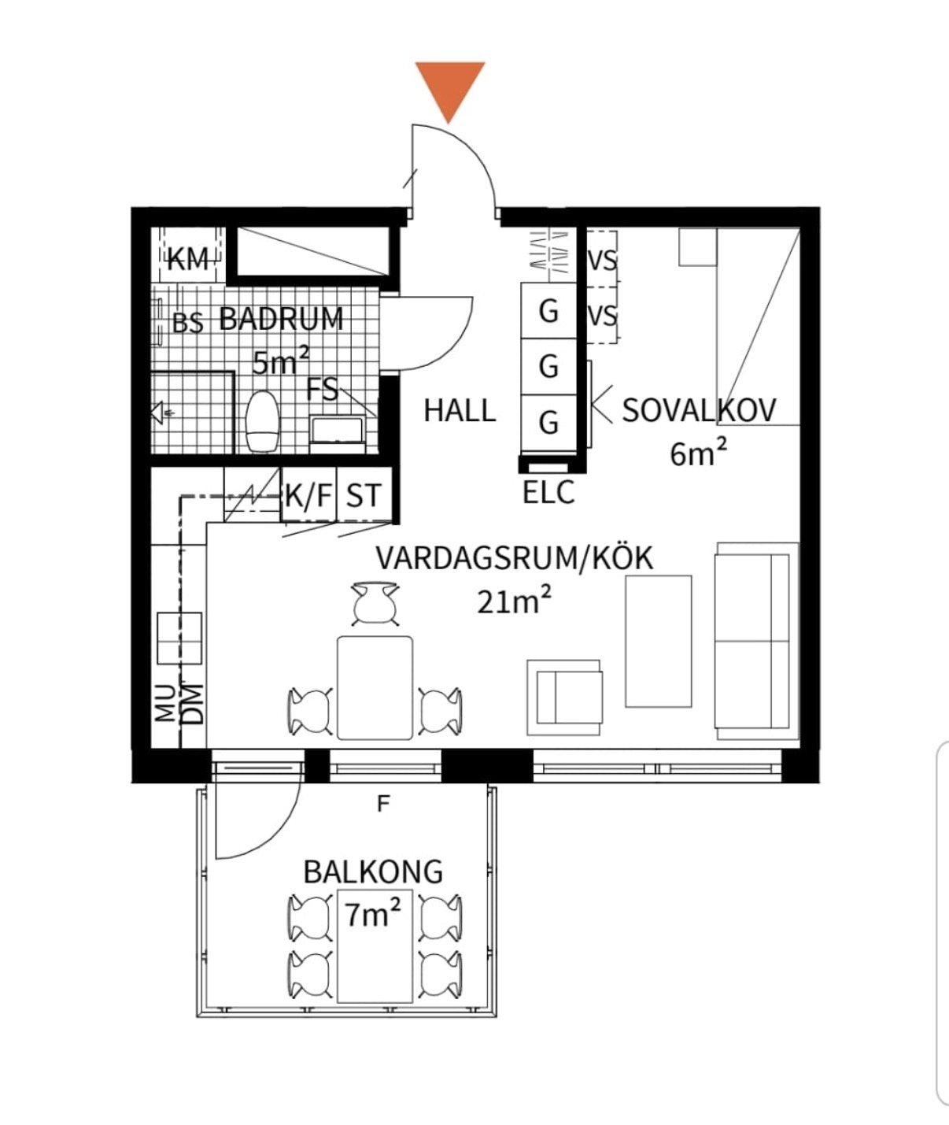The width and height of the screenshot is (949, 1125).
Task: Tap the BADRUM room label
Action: click(x=281, y=319)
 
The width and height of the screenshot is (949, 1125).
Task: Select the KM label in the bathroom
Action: click(x=188, y=261)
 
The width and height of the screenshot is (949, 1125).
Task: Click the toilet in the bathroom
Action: click(x=262, y=421)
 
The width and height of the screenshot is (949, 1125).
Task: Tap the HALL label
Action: click(x=460, y=411)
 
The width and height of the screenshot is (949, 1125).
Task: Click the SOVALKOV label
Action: click(x=699, y=411)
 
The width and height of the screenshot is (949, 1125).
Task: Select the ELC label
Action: click(x=548, y=492)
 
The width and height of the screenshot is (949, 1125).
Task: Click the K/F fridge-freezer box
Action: click(x=309, y=494)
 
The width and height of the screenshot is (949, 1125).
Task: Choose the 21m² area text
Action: click(x=515, y=601)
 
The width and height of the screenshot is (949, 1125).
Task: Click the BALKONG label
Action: click(x=373, y=872)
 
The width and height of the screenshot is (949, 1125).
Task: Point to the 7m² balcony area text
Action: click(x=373, y=914)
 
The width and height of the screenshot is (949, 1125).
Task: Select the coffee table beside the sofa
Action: click(x=658, y=641)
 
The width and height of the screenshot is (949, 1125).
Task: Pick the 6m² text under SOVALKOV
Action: click(x=699, y=453)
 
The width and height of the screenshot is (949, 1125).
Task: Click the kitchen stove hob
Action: click(x=179, y=638)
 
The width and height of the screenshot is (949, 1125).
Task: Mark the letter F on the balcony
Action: click(x=383, y=805)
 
